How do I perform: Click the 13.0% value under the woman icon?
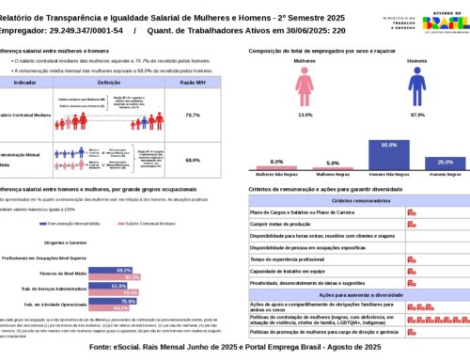coord(305,116)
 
